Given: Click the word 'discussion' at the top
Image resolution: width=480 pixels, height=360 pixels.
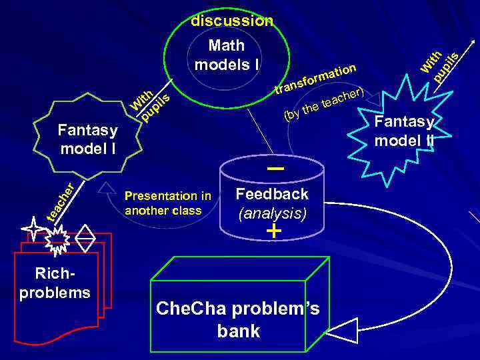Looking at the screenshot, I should pyautogui.click(x=232, y=21).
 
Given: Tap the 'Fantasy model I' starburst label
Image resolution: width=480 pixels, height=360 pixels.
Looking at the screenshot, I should pyautogui.click(x=89, y=139).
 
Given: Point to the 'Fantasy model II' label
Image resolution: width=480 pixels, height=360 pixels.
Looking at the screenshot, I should pyautogui.click(x=405, y=131).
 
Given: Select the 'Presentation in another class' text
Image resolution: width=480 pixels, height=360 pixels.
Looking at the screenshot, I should pyautogui.click(x=168, y=203).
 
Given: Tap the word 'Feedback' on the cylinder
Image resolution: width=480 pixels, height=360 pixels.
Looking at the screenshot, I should pyautogui.click(x=272, y=194).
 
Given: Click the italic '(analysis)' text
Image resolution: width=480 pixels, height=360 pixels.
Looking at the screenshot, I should pyautogui.click(x=272, y=213).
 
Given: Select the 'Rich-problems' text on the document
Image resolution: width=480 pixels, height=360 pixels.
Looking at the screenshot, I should pyautogui.click(x=55, y=284).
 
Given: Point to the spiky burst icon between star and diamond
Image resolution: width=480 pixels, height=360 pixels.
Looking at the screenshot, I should pyautogui.click(x=58, y=239).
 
